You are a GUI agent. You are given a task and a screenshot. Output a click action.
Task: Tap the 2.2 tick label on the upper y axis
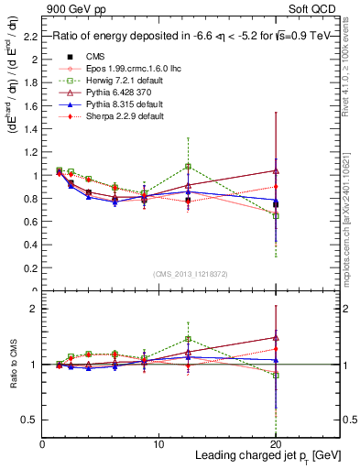point(32,37)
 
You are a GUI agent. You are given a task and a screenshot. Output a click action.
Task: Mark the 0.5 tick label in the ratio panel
point(31,420)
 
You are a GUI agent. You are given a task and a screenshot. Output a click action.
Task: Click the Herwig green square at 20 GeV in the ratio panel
point(276,376)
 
